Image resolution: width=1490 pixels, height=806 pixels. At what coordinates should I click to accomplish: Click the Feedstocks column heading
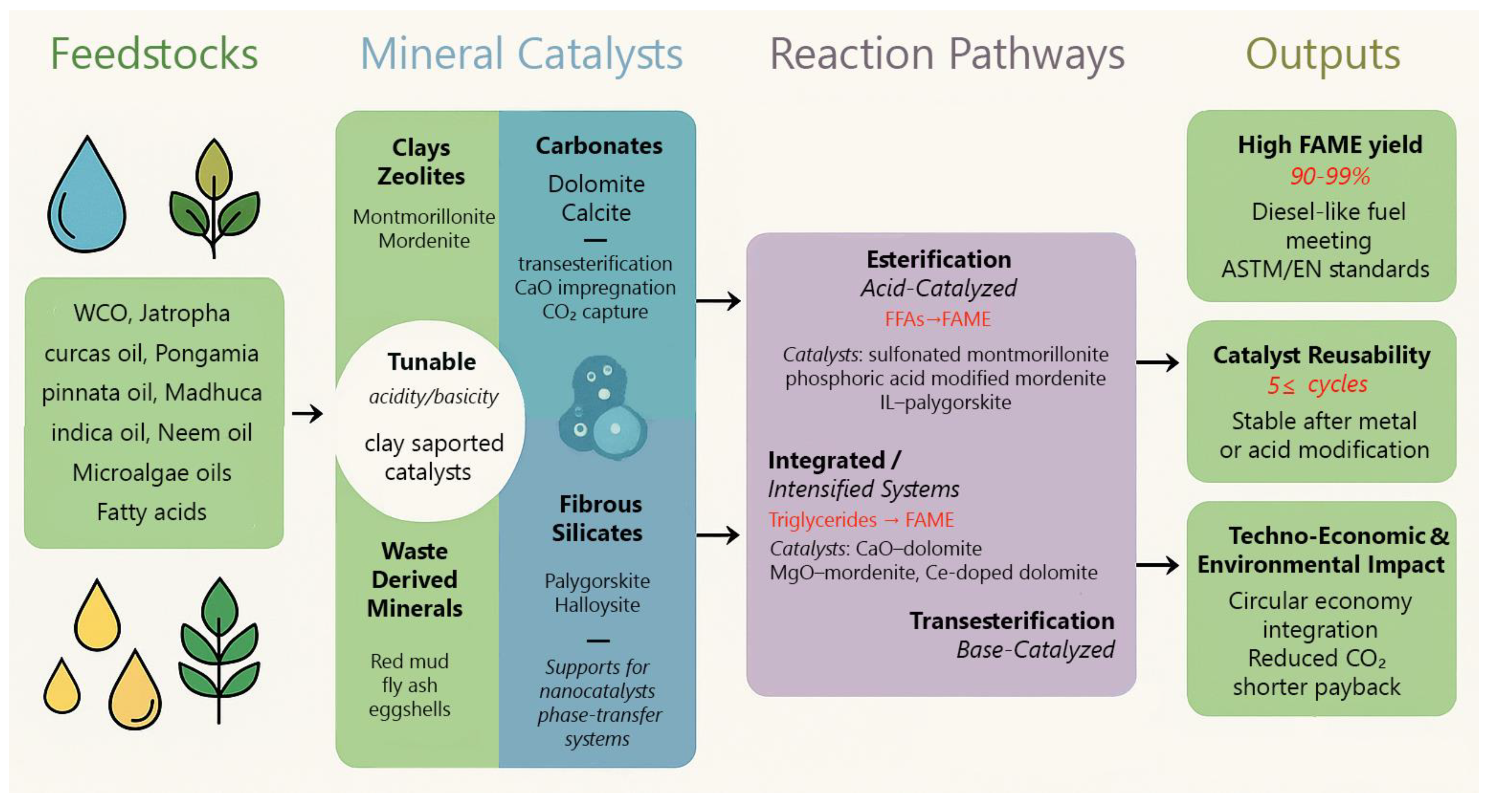click(x=154, y=54)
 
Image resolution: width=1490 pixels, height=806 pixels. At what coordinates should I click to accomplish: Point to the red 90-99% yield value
click(x=1329, y=176)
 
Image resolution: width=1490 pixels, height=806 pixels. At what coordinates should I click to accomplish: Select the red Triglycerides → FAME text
click(x=861, y=520)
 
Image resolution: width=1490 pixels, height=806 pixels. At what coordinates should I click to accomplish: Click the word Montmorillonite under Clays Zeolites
click(x=424, y=217)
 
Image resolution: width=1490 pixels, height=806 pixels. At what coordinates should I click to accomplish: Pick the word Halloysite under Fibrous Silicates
click(x=597, y=605)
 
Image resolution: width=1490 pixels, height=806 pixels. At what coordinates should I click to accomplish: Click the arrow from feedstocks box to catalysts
click(x=307, y=414)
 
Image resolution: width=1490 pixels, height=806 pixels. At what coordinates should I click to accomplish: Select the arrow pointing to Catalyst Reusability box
click(x=1157, y=363)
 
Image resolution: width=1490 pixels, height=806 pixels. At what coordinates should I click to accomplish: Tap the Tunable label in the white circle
click(x=431, y=362)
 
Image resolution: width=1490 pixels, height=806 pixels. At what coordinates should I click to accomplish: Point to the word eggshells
click(x=409, y=709)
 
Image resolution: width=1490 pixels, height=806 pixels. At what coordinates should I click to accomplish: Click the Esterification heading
click(x=938, y=259)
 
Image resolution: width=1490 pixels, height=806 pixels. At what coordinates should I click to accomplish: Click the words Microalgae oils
click(x=151, y=473)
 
